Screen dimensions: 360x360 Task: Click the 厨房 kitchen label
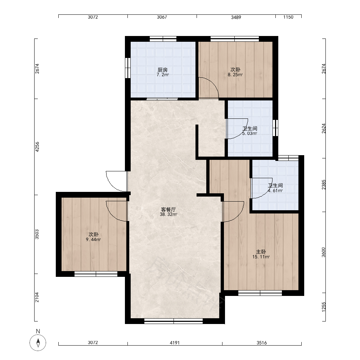tap(163, 69)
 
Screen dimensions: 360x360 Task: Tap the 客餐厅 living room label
tap(168, 210)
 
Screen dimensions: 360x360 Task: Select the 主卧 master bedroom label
tap(261, 252)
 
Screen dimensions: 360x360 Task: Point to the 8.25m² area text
tap(235, 75)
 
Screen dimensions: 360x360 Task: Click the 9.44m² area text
tap(94, 239)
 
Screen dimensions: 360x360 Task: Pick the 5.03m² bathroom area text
tap(249, 134)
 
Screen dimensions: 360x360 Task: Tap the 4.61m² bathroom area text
tap(275, 190)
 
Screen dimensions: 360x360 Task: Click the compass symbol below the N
tap(38, 343)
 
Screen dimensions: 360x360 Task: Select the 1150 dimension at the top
tap(288, 17)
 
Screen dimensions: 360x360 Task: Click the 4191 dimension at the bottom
tap(175, 343)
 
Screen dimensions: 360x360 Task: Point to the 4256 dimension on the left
tap(37, 147)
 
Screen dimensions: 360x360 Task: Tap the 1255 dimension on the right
tap(324, 307)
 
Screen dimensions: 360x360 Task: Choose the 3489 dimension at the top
tap(236, 17)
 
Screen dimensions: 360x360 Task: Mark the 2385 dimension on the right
tap(324, 185)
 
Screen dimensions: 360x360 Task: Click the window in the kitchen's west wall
tap(128, 68)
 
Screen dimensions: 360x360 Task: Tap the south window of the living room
tap(174, 321)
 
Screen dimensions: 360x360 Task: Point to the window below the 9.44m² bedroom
tap(96, 274)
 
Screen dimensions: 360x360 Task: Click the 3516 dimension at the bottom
tap(262, 343)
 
